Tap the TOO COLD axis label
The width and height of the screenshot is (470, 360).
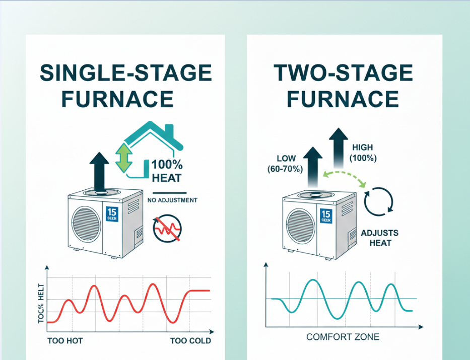click(x=190, y=341)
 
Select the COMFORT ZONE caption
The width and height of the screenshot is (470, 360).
click(x=343, y=337)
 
